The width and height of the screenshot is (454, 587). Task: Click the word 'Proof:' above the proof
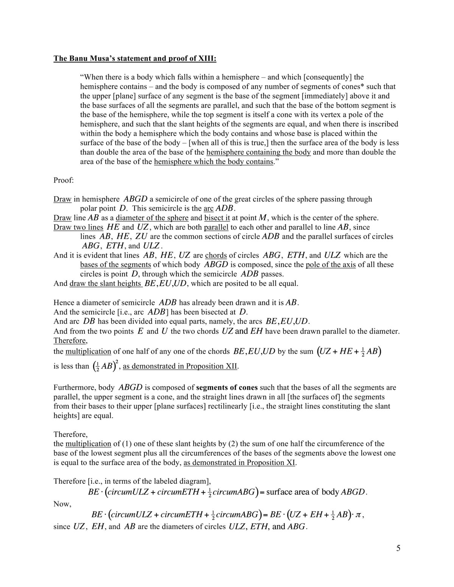64,180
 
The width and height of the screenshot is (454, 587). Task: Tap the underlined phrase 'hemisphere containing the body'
258,152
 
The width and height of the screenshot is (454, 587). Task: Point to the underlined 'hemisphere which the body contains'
214,162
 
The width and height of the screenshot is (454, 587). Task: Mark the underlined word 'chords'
216,255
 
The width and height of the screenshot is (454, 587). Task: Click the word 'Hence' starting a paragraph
64,302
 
